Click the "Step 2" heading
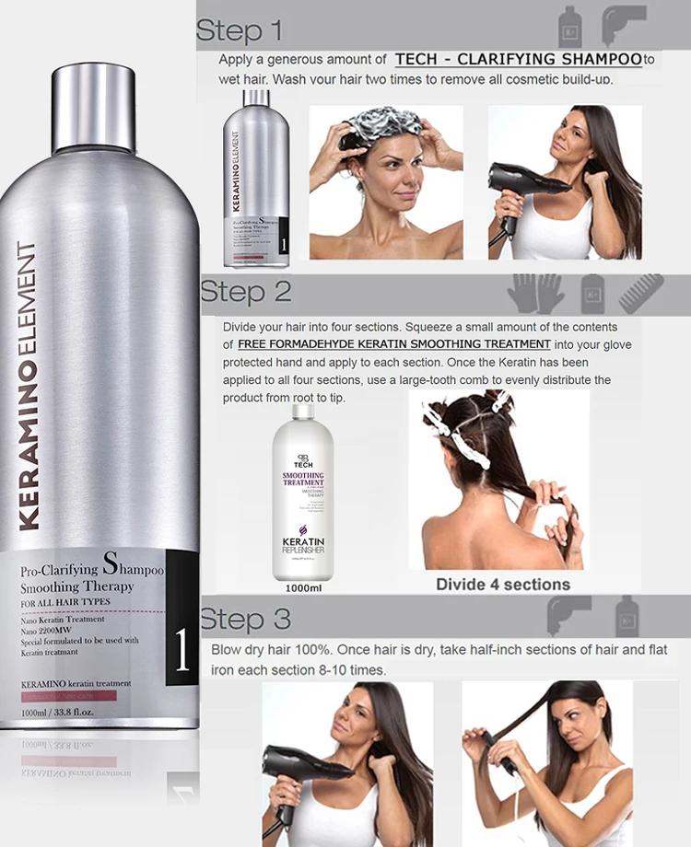point(245,292)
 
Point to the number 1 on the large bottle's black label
point(182,650)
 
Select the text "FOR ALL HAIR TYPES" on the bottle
point(64,602)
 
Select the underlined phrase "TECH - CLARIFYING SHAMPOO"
point(518,59)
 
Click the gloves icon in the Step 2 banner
point(536,293)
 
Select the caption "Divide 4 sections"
point(503,585)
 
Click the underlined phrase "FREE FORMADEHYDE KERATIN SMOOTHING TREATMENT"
point(393,344)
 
